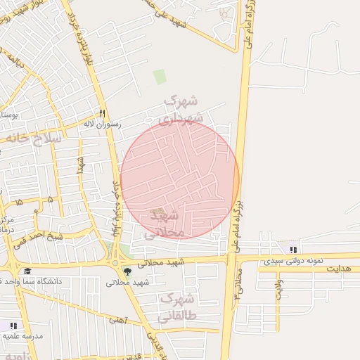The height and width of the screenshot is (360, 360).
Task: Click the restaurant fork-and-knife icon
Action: (102, 113)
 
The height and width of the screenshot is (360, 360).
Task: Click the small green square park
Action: (160, 77)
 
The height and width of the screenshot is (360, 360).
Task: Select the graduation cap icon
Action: (27, 271)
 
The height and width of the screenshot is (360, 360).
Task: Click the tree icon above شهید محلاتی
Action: (127, 271)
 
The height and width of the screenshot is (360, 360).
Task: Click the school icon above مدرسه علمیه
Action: (13, 326)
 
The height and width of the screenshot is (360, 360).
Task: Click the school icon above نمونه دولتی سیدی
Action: (292, 250)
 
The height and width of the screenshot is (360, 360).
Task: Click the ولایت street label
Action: (278, 289)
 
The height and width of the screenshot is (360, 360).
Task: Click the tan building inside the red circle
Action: (160, 212)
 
